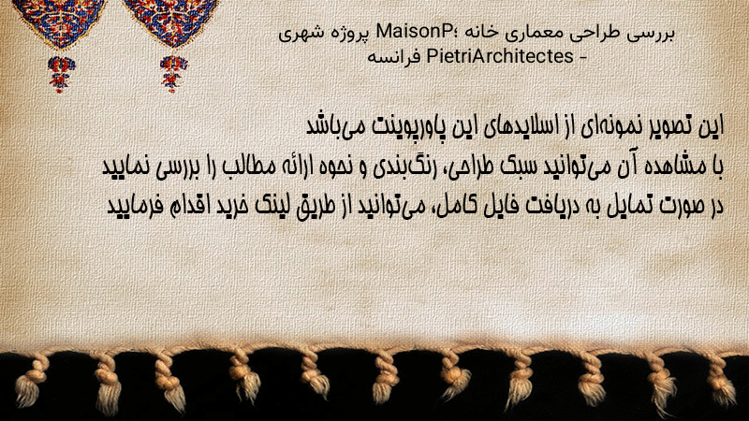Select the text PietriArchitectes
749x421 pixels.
[500, 56]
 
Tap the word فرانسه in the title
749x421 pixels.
[394, 57]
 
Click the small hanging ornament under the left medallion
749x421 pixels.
[61, 74]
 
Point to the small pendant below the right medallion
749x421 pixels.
[173, 73]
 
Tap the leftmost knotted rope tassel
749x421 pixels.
[30, 381]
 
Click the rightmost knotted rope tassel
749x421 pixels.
[720, 378]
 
